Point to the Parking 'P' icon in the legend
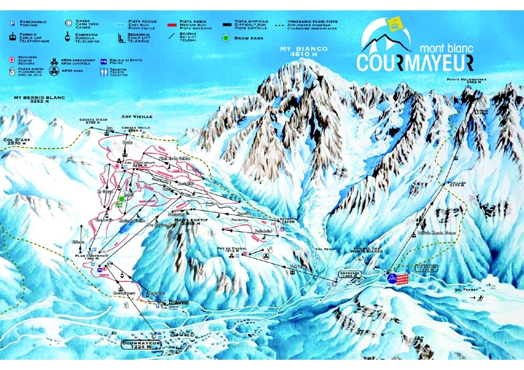(11, 23)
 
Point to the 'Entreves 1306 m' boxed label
(351, 273)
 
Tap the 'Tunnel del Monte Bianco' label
(368, 251)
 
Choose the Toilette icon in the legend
(105, 73)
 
